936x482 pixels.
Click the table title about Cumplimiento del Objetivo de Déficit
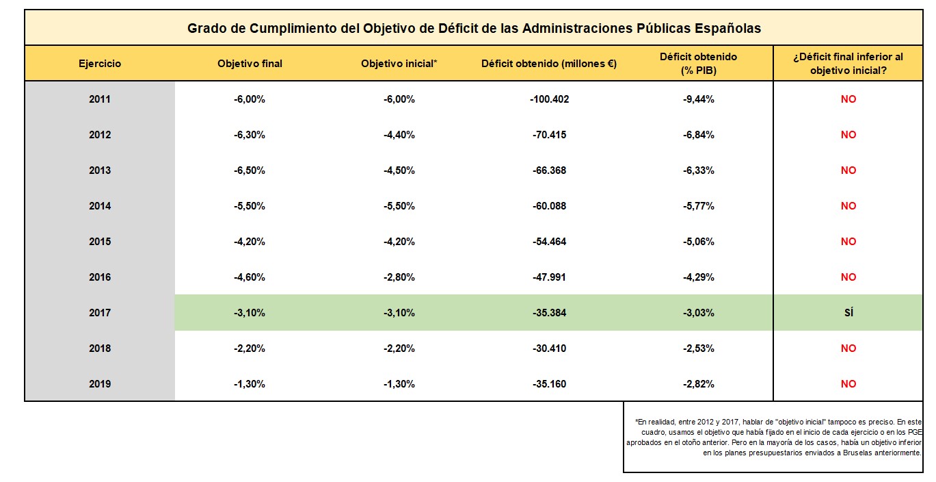point(474,29)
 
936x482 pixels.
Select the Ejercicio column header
point(100,64)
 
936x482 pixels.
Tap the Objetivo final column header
point(250,64)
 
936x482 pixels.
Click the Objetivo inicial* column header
point(399,64)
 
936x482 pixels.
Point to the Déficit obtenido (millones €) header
point(549,64)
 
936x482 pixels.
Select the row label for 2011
point(100,99)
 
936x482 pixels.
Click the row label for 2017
point(100,313)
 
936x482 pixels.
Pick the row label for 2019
point(100,384)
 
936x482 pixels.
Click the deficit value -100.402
point(549,99)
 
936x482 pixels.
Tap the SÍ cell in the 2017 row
point(848,313)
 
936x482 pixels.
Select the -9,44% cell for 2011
point(699,99)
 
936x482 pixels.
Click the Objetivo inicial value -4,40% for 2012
point(399,135)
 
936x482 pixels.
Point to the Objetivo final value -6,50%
point(250,170)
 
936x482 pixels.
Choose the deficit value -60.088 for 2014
point(549,206)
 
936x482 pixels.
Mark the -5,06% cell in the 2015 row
point(699,242)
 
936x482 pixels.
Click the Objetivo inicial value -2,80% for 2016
point(399,277)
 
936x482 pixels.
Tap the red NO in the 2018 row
point(848,348)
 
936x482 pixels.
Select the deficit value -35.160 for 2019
point(549,384)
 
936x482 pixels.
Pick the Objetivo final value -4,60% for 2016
point(250,277)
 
